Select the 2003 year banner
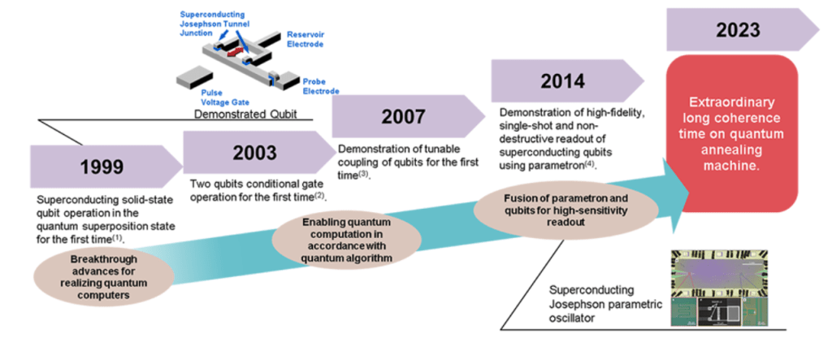click(x=255, y=152)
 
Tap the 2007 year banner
click(x=403, y=117)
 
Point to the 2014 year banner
click(x=563, y=81)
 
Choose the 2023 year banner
click(x=738, y=31)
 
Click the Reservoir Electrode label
click(x=305, y=39)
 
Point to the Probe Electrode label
click(x=320, y=86)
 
